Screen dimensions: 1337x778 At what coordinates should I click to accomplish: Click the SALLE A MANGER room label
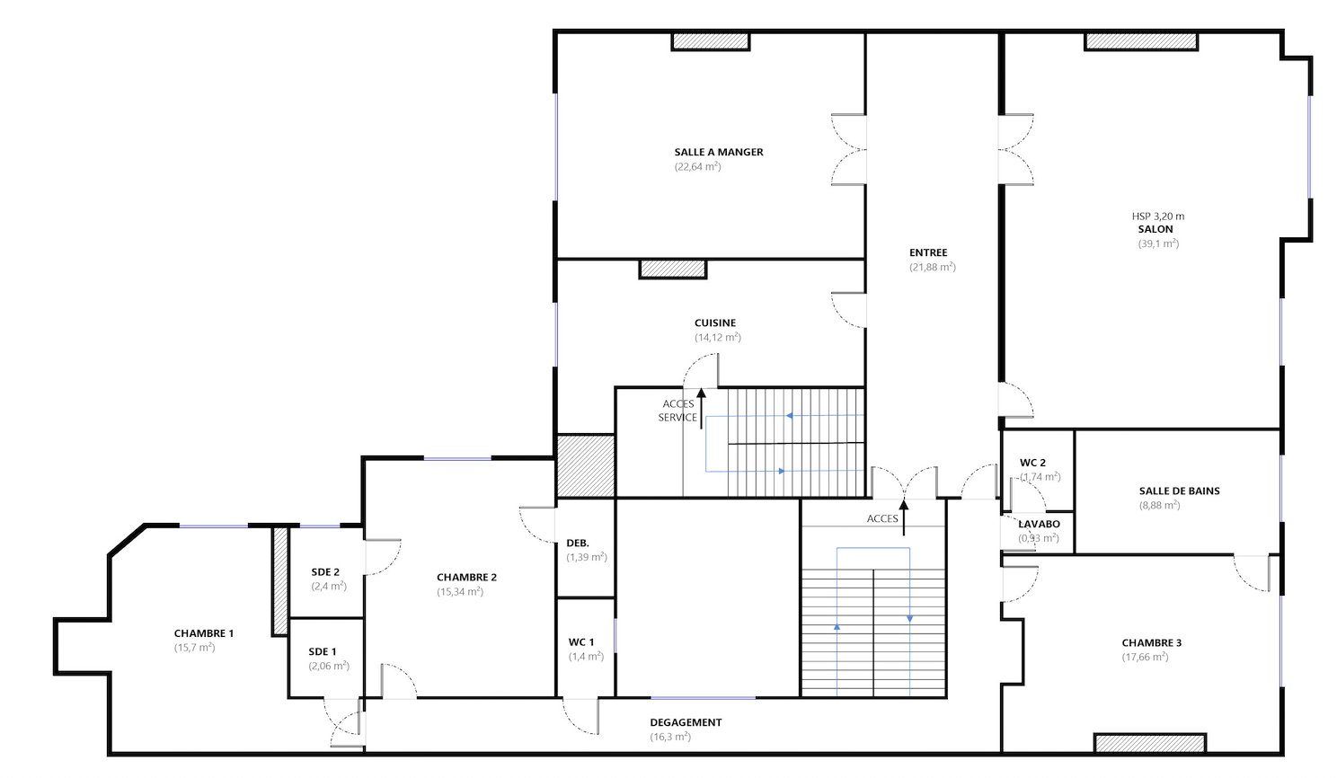pyautogui.click(x=719, y=152)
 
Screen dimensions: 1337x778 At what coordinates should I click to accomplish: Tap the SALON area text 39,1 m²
pyautogui.click(x=1158, y=243)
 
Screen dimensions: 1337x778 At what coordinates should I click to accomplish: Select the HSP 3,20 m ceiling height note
pyautogui.click(x=1158, y=217)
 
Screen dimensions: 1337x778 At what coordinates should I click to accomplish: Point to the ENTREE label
pyautogui.click(x=928, y=253)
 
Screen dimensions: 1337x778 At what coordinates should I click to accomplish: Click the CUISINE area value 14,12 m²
pyautogui.click(x=717, y=337)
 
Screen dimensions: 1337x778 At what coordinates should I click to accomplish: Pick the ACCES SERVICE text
pyautogui.click(x=678, y=411)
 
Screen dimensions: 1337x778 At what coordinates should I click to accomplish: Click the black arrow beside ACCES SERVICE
pyautogui.click(x=702, y=409)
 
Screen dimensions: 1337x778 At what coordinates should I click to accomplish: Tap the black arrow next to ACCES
pyautogui.click(x=904, y=517)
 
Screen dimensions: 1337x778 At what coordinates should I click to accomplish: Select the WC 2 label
pyautogui.click(x=1032, y=463)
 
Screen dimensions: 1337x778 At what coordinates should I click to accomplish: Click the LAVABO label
pyautogui.click(x=1040, y=525)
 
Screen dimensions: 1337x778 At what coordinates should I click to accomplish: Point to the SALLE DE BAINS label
pyautogui.click(x=1180, y=491)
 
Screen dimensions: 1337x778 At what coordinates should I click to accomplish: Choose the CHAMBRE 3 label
pyautogui.click(x=1151, y=643)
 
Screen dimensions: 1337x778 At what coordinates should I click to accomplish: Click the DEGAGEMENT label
pyautogui.click(x=686, y=722)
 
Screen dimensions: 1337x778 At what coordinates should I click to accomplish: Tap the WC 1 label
pyautogui.click(x=580, y=642)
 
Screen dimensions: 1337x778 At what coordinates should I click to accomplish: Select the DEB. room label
pyautogui.click(x=578, y=544)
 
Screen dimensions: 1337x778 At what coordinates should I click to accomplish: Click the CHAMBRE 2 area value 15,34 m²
pyautogui.click(x=460, y=592)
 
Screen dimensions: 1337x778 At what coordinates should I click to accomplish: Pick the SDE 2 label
pyautogui.click(x=325, y=572)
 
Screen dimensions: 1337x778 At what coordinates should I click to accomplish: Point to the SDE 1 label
pyautogui.click(x=323, y=652)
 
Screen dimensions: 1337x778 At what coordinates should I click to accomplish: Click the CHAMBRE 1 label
pyautogui.click(x=204, y=633)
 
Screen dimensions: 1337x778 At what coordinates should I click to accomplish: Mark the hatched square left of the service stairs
pyautogui.click(x=586, y=466)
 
